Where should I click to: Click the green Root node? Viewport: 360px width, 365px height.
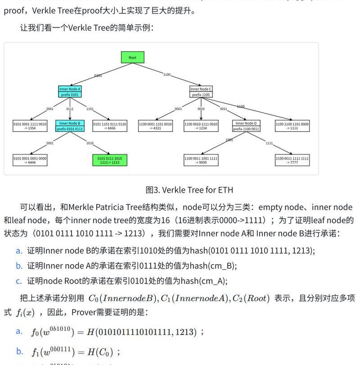132,57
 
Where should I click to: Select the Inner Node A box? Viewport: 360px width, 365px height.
70,92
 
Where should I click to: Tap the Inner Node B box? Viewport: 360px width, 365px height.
70,126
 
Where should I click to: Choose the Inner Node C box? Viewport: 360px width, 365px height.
201,92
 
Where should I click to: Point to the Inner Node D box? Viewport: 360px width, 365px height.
246,126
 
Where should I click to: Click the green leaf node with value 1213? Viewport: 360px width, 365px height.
109,160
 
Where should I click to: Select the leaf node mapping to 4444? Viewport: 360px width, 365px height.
30,160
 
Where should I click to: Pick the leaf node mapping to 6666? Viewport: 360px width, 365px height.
110,126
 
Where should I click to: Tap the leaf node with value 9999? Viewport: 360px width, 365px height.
201,160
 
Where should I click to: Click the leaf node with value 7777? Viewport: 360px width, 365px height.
292,160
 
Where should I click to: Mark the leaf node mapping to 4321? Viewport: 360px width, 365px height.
155,126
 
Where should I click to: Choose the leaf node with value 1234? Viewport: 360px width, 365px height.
201,126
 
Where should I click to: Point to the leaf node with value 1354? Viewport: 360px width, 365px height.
30,126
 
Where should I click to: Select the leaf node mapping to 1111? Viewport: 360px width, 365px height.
292,126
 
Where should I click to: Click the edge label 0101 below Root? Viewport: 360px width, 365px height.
98,76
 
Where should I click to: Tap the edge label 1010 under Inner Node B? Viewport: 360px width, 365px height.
90,143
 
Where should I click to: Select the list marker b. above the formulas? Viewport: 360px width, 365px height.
19,266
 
